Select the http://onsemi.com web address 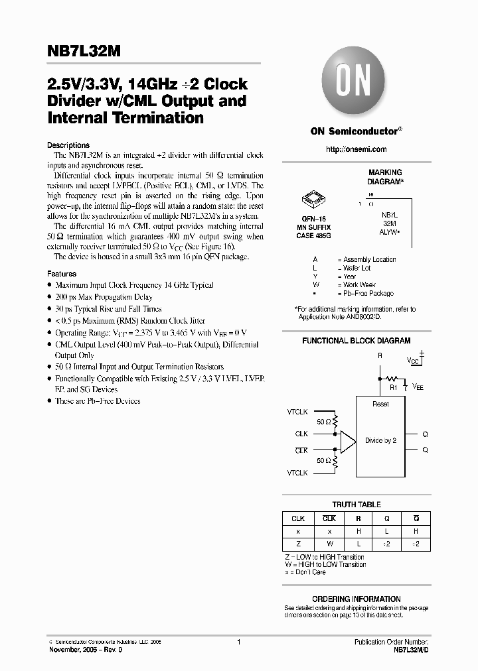[357, 149]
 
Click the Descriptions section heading [68, 145]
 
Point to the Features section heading [62, 273]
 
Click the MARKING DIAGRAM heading [385, 176]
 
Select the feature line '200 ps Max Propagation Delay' [104, 297]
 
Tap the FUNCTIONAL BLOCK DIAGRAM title [357, 341]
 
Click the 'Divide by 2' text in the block [380, 440]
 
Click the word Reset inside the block [380, 404]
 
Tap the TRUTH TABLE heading [357, 505]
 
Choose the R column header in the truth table [358, 518]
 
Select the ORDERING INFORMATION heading [357, 599]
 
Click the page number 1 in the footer [238, 642]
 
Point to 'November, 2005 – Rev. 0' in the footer [86, 650]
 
